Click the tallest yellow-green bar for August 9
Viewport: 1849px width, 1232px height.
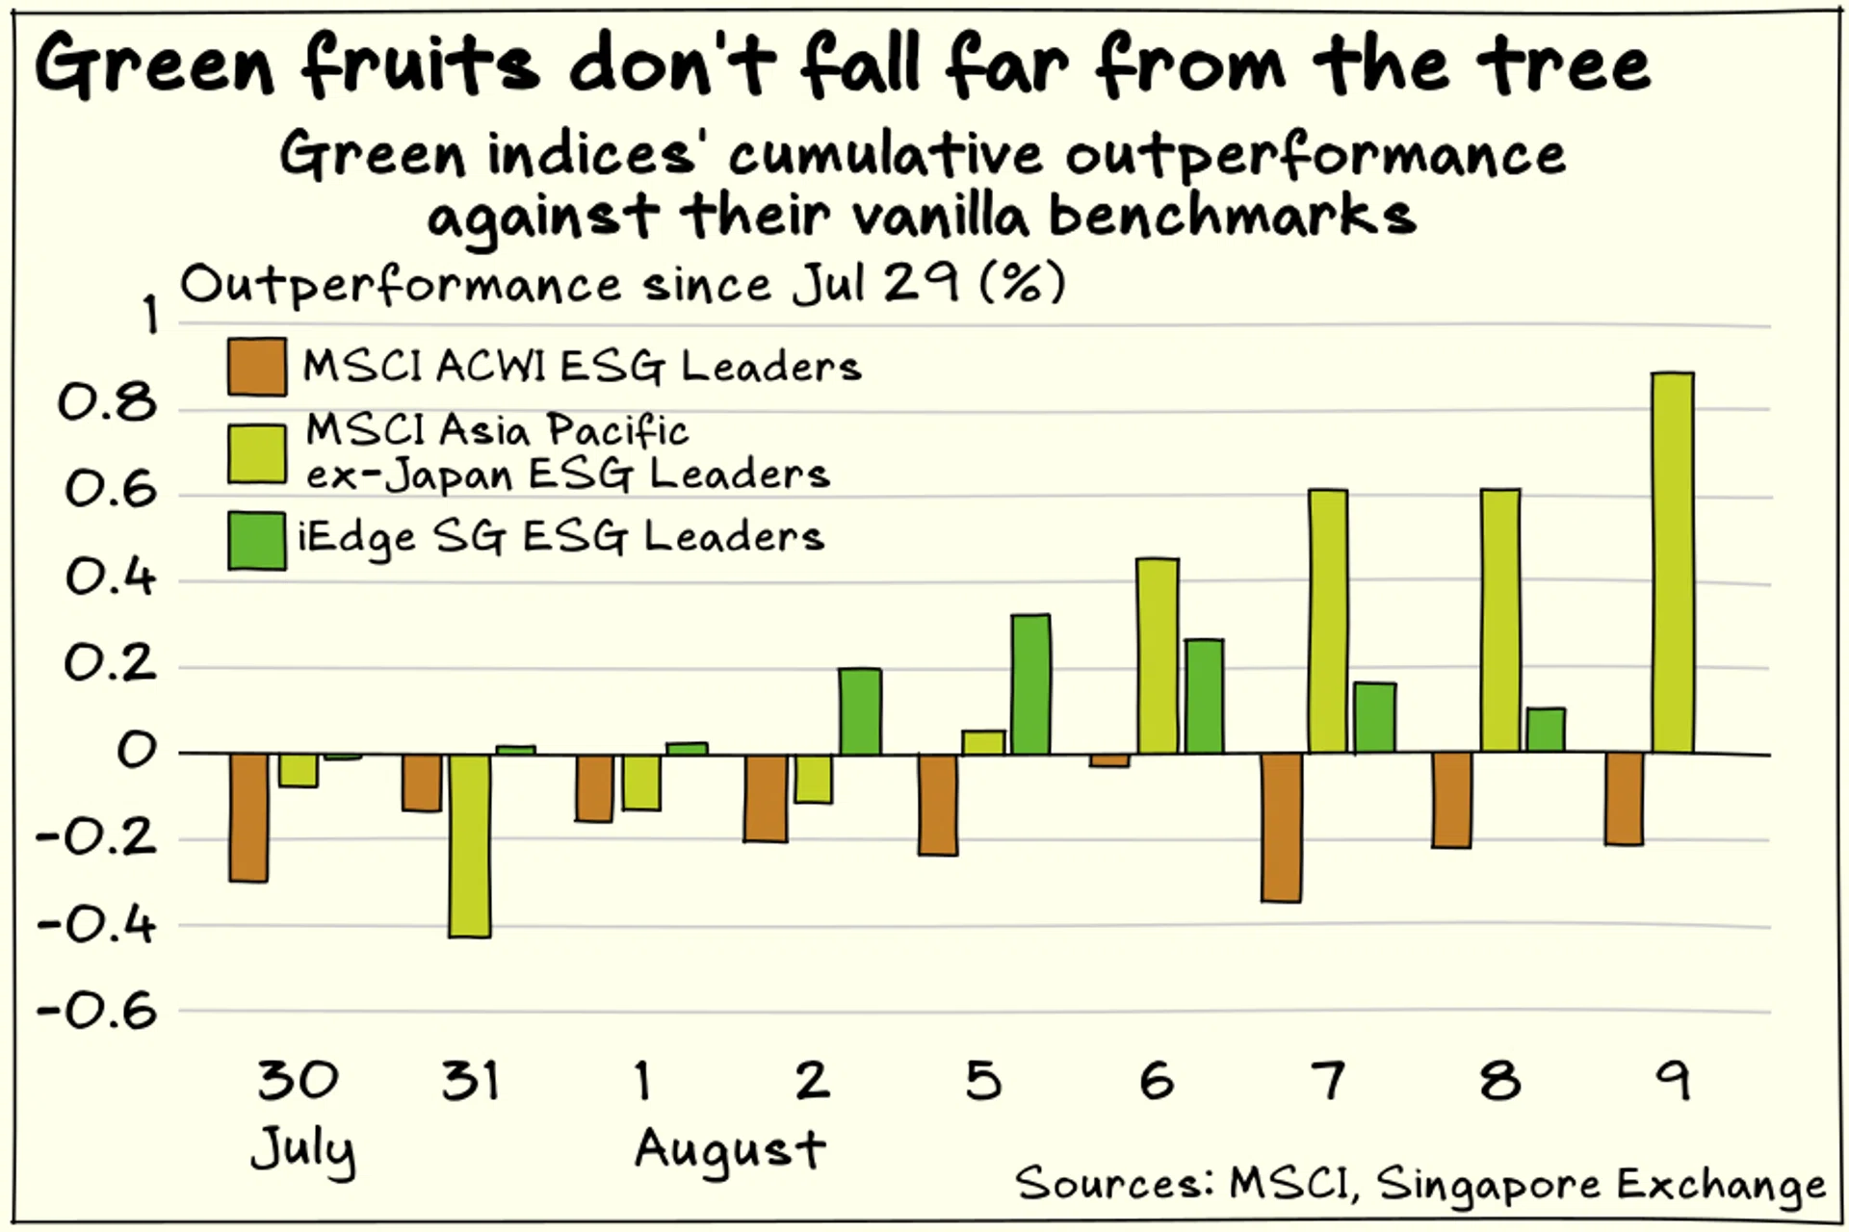[x=1673, y=563]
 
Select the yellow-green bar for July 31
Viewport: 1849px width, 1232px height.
[x=470, y=845]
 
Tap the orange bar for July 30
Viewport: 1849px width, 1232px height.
[x=248, y=817]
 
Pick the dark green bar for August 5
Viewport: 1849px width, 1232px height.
[x=1030, y=684]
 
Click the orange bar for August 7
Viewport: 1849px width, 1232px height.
[x=1282, y=828]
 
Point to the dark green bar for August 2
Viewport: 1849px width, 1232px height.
[x=860, y=711]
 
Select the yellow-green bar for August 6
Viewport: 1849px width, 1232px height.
[x=1158, y=656]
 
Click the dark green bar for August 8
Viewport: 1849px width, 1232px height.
[x=1546, y=731]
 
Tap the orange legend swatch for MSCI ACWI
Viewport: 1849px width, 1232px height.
[x=257, y=367]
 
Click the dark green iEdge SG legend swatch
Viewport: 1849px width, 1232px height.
[x=257, y=541]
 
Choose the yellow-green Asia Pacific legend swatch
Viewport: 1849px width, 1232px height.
[x=257, y=453]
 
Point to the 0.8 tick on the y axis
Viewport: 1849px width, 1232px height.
[x=107, y=404]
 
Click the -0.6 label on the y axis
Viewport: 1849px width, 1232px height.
[x=96, y=1012]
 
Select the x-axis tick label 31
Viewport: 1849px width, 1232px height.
[x=471, y=1081]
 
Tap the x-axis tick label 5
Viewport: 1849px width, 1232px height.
[x=983, y=1081]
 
